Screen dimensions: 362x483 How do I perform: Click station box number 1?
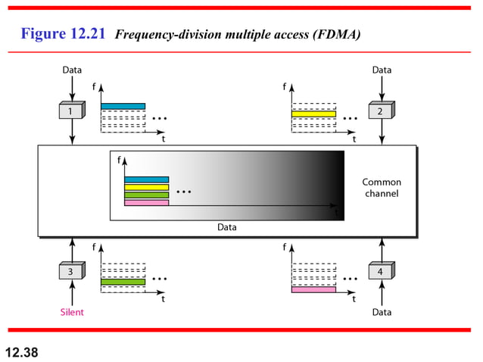click(71, 111)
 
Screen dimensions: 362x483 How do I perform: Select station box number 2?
click(381, 111)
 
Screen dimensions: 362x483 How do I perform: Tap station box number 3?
click(71, 271)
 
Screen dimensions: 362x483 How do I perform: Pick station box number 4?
click(381, 271)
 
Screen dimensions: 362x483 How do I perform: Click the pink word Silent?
click(72, 312)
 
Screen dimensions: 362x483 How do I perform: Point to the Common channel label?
click(382, 188)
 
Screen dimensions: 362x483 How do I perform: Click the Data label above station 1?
click(72, 70)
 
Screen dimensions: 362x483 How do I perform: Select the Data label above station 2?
click(382, 70)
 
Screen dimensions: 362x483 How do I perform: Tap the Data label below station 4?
click(382, 312)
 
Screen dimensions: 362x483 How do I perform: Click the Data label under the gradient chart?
click(227, 226)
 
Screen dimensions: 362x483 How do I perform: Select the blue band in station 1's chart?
click(123, 106)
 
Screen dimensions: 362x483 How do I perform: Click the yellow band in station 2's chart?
click(313, 114)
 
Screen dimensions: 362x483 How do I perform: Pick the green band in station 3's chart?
click(123, 282)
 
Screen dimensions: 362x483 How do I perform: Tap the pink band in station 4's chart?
click(313, 289)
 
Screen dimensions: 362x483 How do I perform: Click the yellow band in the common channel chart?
click(146, 187)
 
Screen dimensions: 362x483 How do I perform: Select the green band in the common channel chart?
click(146, 195)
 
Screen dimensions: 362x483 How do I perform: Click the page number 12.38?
click(22, 351)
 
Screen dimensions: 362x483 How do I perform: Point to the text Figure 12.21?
click(64, 34)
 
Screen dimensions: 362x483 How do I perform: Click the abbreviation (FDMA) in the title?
click(335, 35)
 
